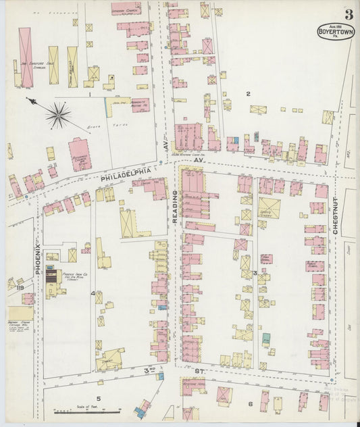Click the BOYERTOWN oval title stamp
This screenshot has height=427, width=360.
pos(336,31)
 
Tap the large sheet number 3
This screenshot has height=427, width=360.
pos(349,14)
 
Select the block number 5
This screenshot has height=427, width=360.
pos(98,399)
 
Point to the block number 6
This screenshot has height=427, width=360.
pos(250,403)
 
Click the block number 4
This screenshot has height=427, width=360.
pos(93,293)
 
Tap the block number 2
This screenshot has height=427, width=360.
pos(248,94)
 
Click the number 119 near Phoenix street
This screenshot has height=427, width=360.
pos(11,287)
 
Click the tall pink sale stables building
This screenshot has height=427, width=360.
pos(26,57)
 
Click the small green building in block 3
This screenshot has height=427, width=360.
pos(266,337)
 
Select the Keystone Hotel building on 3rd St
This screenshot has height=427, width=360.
pos(195,387)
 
